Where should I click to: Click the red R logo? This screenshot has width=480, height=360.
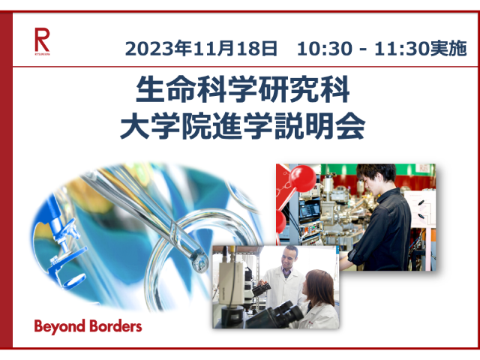click(42, 41)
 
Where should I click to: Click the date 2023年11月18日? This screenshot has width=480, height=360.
click(201, 48)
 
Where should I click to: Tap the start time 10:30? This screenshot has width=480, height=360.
click(325, 49)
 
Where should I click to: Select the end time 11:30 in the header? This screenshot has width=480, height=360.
click(402, 49)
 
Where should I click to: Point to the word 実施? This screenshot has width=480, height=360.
click(448, 48)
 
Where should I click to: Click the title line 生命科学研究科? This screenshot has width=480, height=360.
click(243, 89)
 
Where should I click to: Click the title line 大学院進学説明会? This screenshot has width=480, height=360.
click(243, 125)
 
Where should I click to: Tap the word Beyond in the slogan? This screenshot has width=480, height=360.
click(59, 327)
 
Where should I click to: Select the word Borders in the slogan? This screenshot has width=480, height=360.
click(115, 326)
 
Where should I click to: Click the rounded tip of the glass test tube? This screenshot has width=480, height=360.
click(199, 262)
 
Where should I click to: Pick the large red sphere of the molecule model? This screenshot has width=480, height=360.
click(302, 178)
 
